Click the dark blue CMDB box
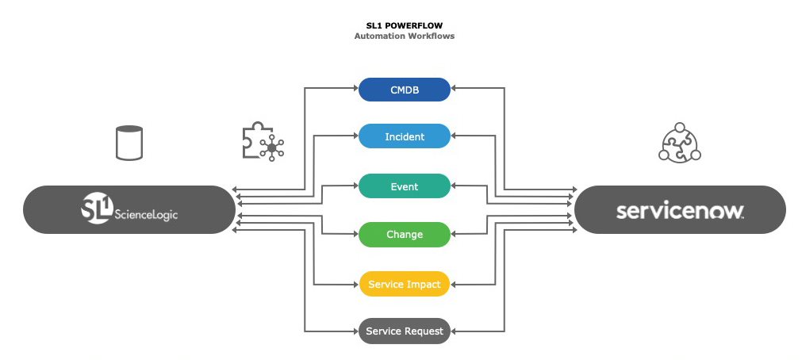point(405,90)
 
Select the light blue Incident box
point(405,136)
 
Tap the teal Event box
point(405,186)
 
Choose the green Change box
point(405,235)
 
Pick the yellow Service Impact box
point(405,284)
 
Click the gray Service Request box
point(405,330)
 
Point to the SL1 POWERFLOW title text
point(404,25)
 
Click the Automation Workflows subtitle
point(404,36)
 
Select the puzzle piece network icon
point(263,143)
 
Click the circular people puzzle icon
point(681,143)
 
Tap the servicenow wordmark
point(680,212)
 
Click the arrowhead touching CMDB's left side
point(355,90)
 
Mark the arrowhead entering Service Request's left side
point(355,330)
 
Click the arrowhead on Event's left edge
point(355,186)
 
